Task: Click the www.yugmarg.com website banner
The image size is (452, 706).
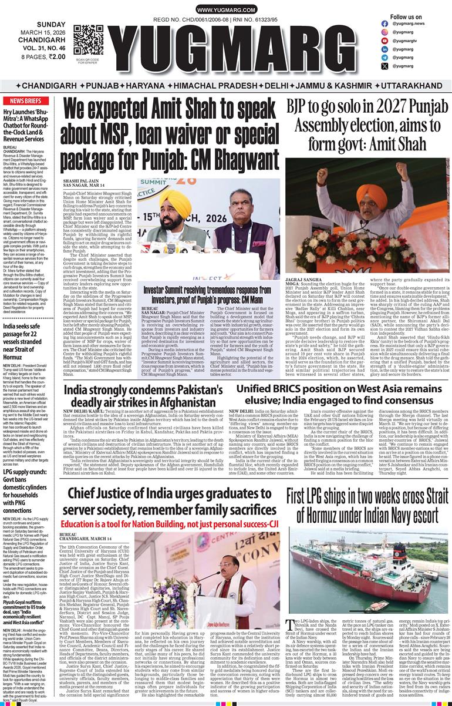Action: (x=225, y=11)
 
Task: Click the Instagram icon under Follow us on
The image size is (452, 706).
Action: (x=384, y=32)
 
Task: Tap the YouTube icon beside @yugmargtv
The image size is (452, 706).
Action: (x=384, y=41)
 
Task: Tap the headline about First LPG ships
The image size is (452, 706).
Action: (x=367, y=506)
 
